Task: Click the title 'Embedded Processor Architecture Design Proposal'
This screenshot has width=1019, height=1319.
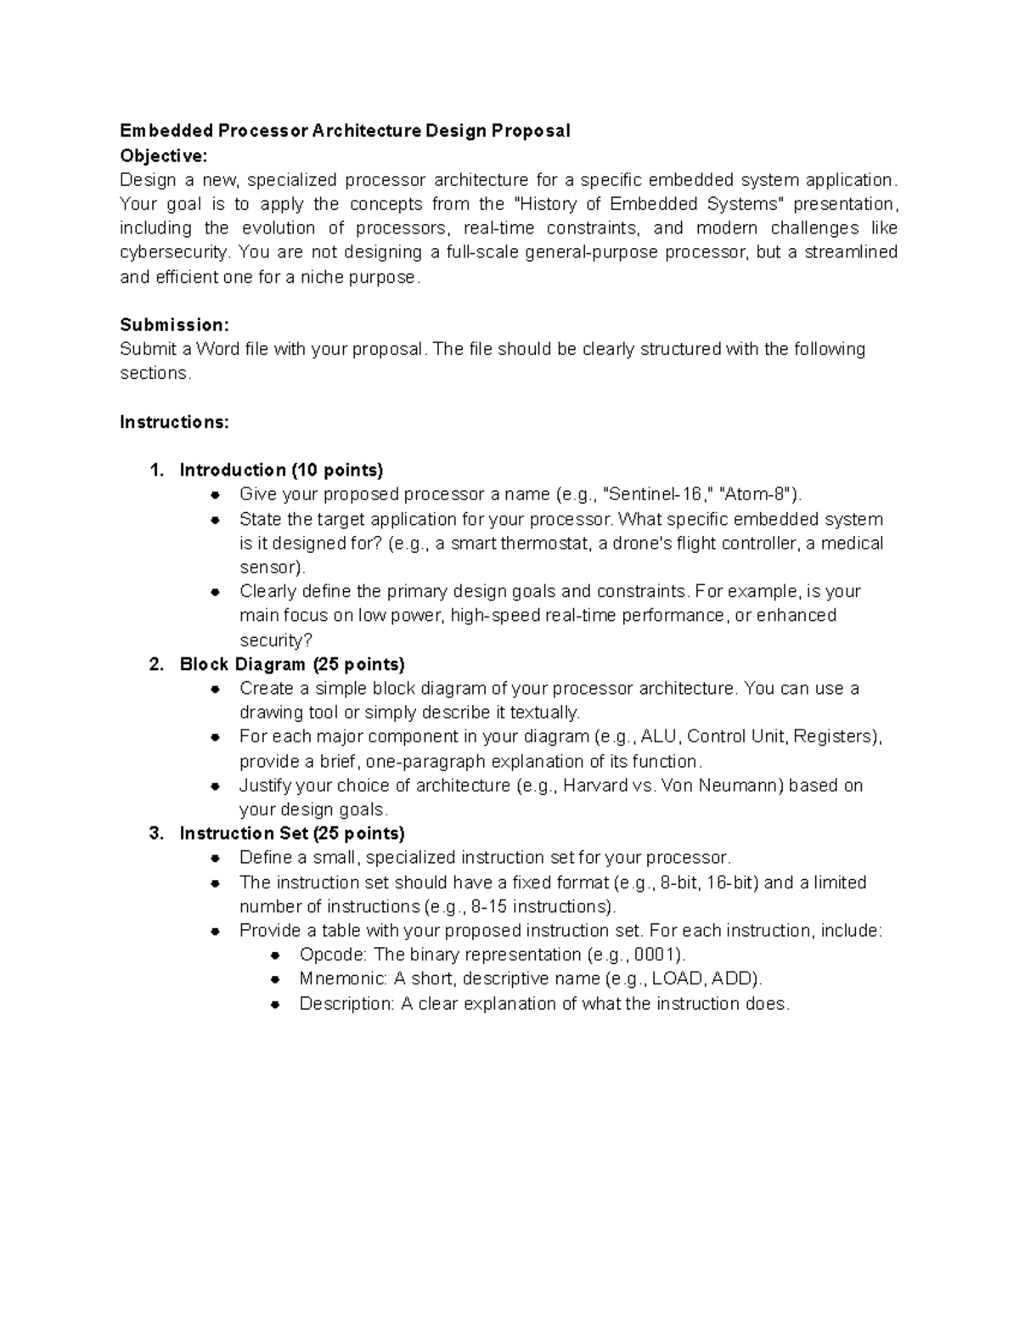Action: (x=345, y=131)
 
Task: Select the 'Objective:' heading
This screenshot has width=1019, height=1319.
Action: (x=163, y=155)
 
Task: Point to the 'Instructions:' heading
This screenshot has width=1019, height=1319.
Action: (x=174, y=422)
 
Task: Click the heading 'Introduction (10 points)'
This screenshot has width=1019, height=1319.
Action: (x=281, y=470)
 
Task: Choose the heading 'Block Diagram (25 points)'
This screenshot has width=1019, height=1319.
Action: (x=291, y=664)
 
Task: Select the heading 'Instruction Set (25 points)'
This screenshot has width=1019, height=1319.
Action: (x=291, y=833)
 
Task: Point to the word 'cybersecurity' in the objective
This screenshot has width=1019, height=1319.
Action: (x=174, y=252)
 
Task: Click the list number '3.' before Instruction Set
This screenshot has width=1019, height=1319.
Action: (x=155, y=833)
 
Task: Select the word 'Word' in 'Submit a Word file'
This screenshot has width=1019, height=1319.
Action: (x=217, y=349)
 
